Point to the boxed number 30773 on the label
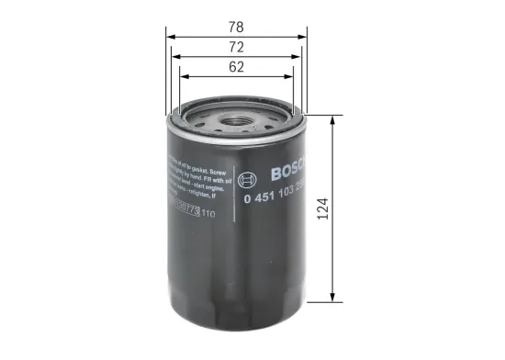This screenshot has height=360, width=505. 184,214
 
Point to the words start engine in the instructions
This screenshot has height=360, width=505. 207,186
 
